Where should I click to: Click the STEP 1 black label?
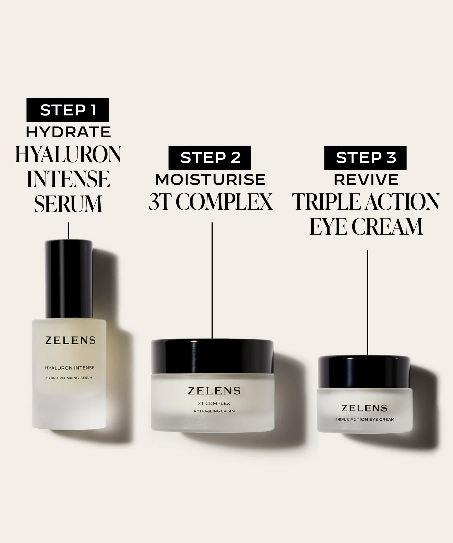(68, 110)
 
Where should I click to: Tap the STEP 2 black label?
(209, 157)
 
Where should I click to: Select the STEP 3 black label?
(365, 157)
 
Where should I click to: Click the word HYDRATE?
(68, 132)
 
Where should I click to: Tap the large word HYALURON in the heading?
(68, 155)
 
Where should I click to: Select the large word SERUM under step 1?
(68, 204)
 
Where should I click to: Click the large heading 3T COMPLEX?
(210, 202)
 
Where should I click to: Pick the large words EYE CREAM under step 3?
(366, 227)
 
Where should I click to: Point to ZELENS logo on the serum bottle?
(70, 340)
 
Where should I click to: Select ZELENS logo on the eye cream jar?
(364, 408)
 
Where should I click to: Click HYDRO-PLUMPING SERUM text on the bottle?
(69, 378)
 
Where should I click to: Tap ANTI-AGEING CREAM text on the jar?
(214, 411)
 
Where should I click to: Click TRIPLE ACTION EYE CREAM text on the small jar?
(364, 419)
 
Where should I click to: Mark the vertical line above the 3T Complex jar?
(212, 279)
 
